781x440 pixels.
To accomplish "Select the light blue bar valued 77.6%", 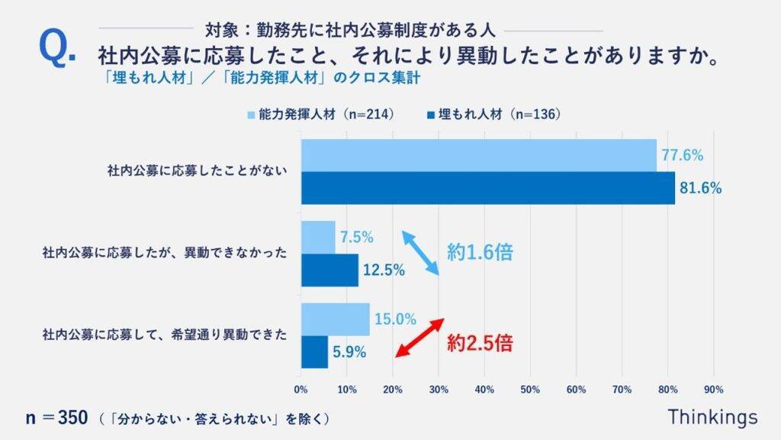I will pos(478,156).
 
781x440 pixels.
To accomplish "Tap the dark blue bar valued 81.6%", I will pos(487,188).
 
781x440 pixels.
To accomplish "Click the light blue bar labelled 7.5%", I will pos(318,237).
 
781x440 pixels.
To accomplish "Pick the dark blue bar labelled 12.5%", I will pos(329,270).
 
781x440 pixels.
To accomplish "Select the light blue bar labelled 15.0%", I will pos(335,319).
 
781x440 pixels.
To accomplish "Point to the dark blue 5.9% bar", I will pos(314,352).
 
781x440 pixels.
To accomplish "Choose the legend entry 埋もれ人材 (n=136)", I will pos(493,115).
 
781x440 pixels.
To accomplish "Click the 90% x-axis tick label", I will pos(713,390).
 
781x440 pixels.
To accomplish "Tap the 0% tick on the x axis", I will pos(301,390).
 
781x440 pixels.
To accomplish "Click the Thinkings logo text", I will pos(712,417).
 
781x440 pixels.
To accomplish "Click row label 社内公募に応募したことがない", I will pos(197,172).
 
